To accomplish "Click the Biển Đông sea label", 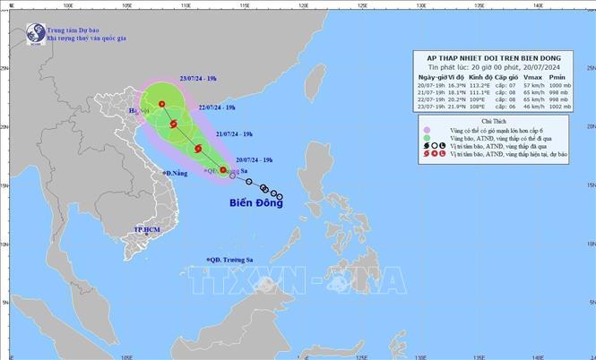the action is [x=247, y=204].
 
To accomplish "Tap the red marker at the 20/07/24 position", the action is [x=223, y=169].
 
